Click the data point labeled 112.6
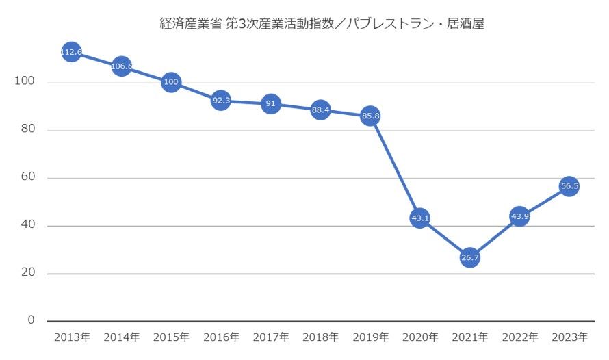71,52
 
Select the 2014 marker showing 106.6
121,66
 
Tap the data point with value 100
171,83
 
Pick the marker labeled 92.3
220,101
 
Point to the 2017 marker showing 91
271,104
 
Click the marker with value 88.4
320,110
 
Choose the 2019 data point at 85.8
370,116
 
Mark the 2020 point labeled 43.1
420,218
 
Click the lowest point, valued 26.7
469,258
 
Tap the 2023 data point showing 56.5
569,186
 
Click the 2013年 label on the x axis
71,337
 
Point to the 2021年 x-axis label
469,337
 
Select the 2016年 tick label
220,337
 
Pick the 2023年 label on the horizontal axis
569,337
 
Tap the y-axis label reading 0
31,320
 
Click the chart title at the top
322,24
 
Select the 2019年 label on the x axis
370,337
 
